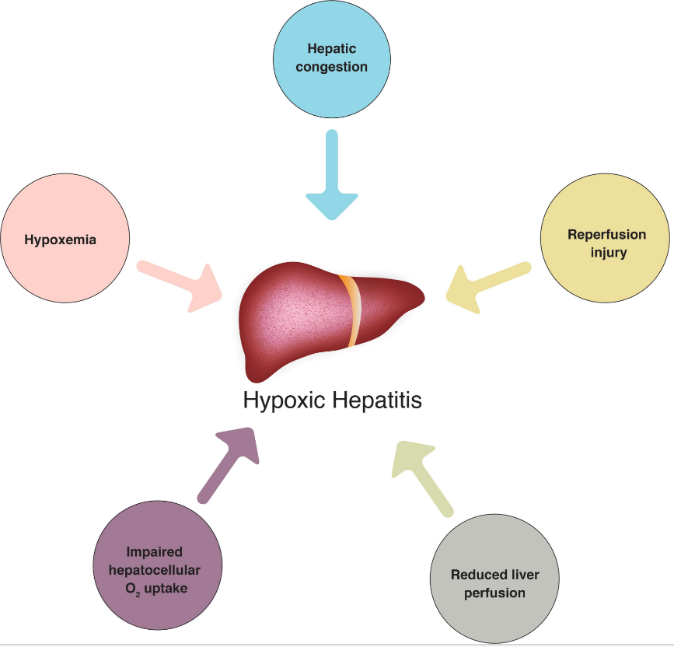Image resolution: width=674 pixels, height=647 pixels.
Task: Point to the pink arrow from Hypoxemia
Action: click(182, 285)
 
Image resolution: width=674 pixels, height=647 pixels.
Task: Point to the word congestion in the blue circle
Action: click(331, 66)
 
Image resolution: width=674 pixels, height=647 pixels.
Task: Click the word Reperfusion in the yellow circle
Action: click(606, 235)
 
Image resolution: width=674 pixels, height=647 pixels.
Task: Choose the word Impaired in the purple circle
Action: click(157, 554)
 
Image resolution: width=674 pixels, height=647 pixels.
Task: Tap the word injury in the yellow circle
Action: click(609, 252)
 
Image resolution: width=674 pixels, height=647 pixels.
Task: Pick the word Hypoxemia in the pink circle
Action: click(61, 240)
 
